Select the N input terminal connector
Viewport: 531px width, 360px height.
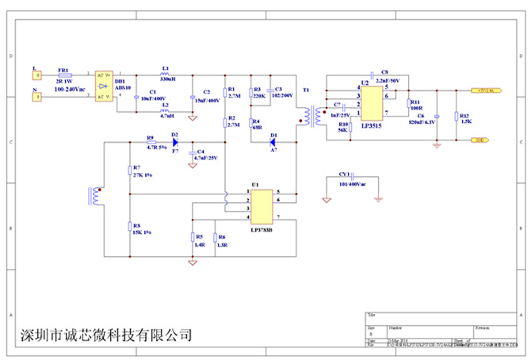[35, 98]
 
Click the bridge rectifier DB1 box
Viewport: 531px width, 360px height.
[103, 86]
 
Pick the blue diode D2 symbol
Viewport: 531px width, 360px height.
[174, 143]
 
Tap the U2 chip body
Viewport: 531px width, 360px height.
[371, 104]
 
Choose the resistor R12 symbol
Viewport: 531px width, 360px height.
[457, 116]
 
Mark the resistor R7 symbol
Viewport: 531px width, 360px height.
[128, 170]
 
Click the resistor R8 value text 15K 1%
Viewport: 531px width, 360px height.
[143, 232]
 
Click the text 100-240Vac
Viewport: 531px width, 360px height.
[70, 90]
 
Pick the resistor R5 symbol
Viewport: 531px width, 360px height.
[193, 237]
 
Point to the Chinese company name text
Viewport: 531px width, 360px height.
[105, 335]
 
